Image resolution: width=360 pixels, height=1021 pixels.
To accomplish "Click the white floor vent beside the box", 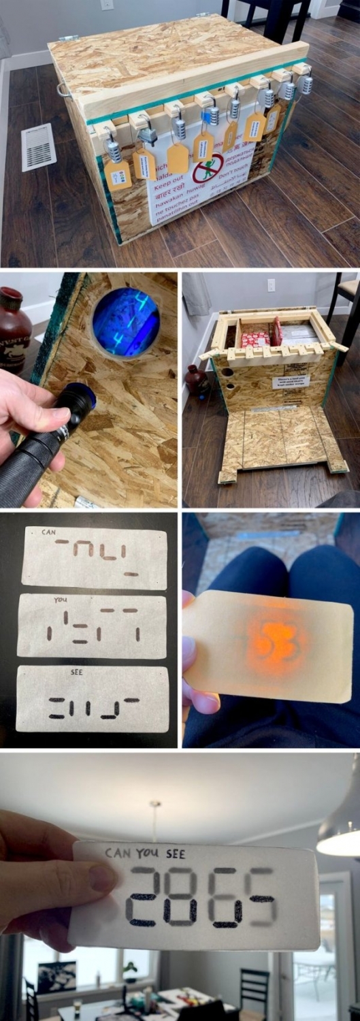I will coord(38,147).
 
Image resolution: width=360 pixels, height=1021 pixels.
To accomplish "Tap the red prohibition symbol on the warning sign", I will coord(208,168).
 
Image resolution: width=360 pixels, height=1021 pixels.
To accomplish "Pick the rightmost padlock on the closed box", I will coord(306,84).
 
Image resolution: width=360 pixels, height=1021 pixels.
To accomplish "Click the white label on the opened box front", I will coord(291,382).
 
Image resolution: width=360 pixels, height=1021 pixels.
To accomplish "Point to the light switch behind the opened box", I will coord(271,285).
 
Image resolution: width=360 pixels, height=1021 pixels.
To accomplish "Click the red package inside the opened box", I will coord(257,338).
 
